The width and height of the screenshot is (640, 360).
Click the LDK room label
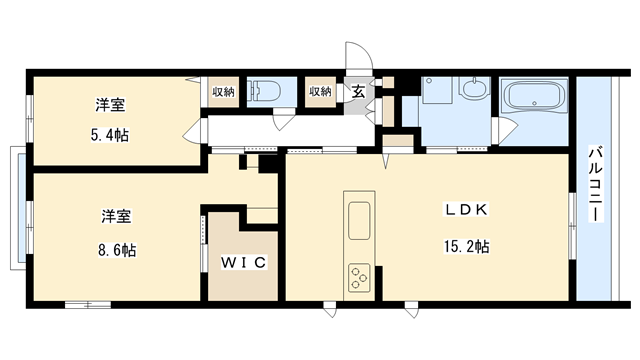click(466, 210)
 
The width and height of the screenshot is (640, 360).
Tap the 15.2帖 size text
click(467, 247)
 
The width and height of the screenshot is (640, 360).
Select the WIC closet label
click(244, 262)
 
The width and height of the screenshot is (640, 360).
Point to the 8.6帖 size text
click(117, 250)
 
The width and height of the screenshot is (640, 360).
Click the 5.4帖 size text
click(109, 135)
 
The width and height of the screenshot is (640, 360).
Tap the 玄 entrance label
click(358, 92)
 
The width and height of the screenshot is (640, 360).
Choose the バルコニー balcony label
click(595, 184)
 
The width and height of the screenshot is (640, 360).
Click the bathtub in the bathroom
click(534, 97)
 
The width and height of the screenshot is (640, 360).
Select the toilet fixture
click(266, 91)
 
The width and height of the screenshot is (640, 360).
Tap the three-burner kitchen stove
click(359, 278)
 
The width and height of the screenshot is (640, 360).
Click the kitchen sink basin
click(359, 220)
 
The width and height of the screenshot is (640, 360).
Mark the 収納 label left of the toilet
click(223, 92)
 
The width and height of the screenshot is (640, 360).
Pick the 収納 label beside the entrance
click(320, 91)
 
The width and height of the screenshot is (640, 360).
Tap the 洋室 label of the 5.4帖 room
click(110, 105)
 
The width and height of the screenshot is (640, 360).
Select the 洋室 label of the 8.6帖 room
click(116, 216)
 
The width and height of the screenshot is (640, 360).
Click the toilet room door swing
click(283, 119)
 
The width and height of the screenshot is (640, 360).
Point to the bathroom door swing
click(507, 129)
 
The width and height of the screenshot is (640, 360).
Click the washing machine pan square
click(437, 90)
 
